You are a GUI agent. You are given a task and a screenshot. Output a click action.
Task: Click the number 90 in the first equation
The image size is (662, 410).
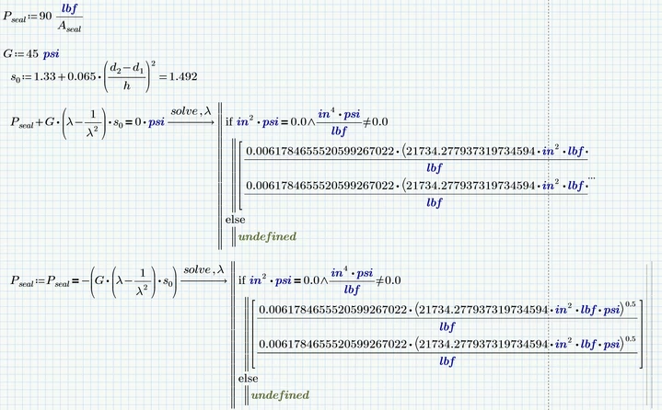click(x=45, y=16)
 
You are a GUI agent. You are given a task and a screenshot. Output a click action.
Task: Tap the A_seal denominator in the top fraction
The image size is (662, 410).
click(x=69, y=27)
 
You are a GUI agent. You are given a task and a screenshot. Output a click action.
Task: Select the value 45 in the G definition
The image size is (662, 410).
click(x=32, y=54)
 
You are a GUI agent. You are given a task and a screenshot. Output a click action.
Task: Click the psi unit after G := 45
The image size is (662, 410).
click(x=51, y=54)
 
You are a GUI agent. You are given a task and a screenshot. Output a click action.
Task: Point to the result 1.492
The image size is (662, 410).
click(x=183, y=76)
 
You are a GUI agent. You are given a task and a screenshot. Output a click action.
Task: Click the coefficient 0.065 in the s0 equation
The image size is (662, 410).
click(x=81, y=76)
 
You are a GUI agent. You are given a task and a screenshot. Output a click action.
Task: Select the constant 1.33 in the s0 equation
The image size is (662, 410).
click(x=45, y=76)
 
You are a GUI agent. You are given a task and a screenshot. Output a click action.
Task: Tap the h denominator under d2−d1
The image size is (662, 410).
click(x=127, y=85)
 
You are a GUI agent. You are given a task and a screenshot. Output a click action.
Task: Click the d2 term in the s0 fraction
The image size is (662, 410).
click(x=115, y=68)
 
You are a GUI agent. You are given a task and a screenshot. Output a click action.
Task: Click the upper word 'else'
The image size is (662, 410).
click(x=235, y=220)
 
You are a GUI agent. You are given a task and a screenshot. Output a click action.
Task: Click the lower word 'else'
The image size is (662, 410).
click(x=248, y=379)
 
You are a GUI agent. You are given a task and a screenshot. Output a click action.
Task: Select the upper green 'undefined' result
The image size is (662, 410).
click(x=267, y=236)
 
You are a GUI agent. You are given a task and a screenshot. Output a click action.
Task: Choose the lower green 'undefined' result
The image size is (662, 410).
click(x=280, y=395)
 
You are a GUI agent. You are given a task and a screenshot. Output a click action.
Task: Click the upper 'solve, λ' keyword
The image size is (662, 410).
click(x=191, y=111)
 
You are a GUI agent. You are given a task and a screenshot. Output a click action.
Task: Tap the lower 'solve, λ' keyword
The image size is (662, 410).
click(x=203, y=269)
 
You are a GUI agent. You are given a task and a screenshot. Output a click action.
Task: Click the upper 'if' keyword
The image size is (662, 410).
click(x=229, y=121)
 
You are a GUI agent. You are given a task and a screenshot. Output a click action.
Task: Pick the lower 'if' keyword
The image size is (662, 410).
click(x=241, y=280)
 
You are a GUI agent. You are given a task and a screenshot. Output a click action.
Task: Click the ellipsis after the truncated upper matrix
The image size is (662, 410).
click(x=591, y=177)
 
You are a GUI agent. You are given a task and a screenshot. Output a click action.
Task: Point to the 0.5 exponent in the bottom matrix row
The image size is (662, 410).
click(x=631, y=339)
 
